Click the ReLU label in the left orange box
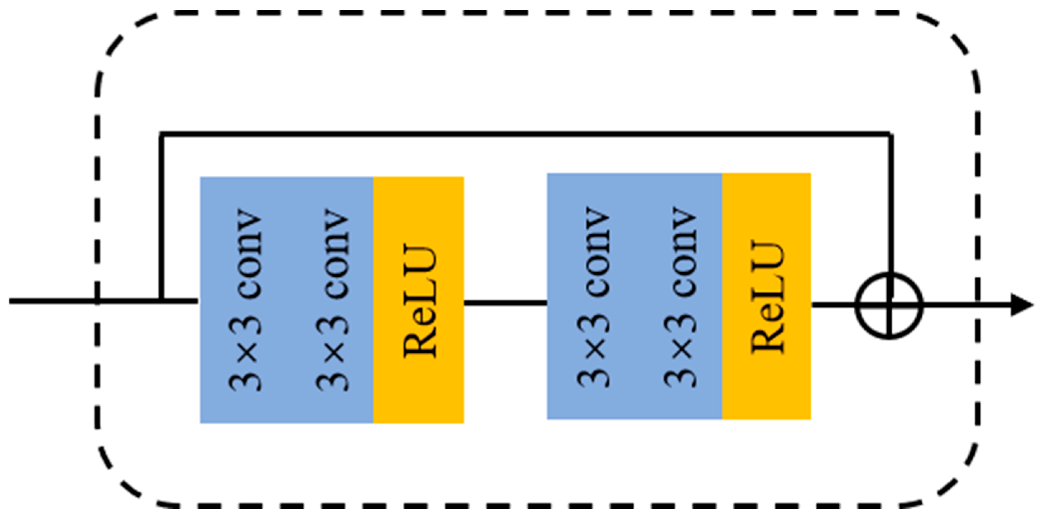coord(420,301)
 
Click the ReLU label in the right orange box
coord(768,297)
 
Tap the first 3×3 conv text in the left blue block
coord(246,300)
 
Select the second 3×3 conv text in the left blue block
coord(332,300)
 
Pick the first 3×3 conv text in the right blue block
coord(593,297)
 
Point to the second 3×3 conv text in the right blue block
coord(681,297)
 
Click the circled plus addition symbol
coord(889,305)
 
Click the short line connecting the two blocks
coord(505,302)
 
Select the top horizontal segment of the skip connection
coord(526,134)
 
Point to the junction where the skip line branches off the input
coord(162,301)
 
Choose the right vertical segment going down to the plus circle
coord(890,202)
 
